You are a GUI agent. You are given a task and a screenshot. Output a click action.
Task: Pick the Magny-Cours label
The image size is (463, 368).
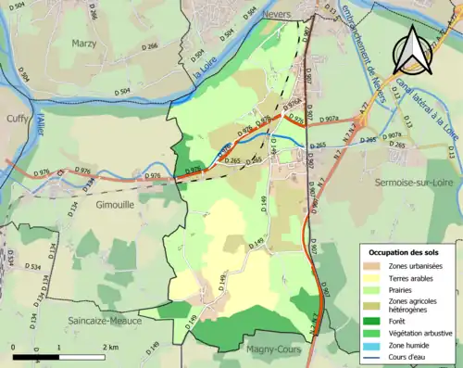[x=278, y=349]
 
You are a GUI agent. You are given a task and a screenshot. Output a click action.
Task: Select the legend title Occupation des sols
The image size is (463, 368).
[x=405, y=252]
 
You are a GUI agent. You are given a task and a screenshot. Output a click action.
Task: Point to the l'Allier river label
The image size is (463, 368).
[x=40, y=121]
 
